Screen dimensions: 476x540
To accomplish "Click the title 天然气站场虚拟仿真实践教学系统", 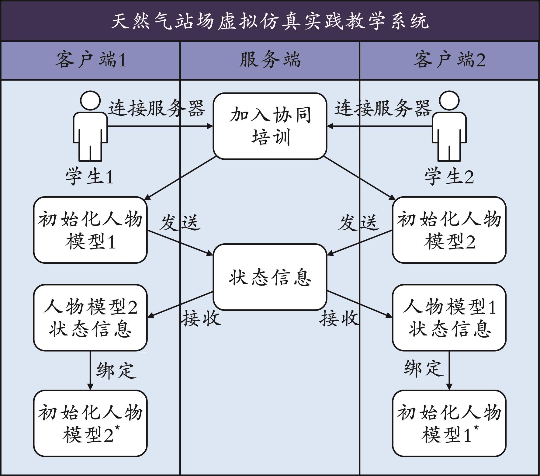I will click(x=270, y=21).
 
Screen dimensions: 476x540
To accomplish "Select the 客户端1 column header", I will click(x=91, y=60).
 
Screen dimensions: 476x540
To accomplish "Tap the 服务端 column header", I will click(x=270, y=60).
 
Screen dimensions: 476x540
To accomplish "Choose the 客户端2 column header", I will click(x=449, y=60).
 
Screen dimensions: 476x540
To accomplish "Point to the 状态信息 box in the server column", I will click(x=270, y=277).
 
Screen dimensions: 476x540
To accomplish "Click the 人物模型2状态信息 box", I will click(x=90, y=318).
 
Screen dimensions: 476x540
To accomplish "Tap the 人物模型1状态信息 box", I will click(x=449, y=318).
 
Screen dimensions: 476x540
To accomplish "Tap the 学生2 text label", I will click(x=449, y=176).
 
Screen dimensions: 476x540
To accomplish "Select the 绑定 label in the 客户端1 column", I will click(x=116, y=370).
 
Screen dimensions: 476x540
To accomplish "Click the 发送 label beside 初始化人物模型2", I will click(x=359, y=223).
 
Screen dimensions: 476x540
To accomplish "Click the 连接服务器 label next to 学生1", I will click(x=157, y=108).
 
